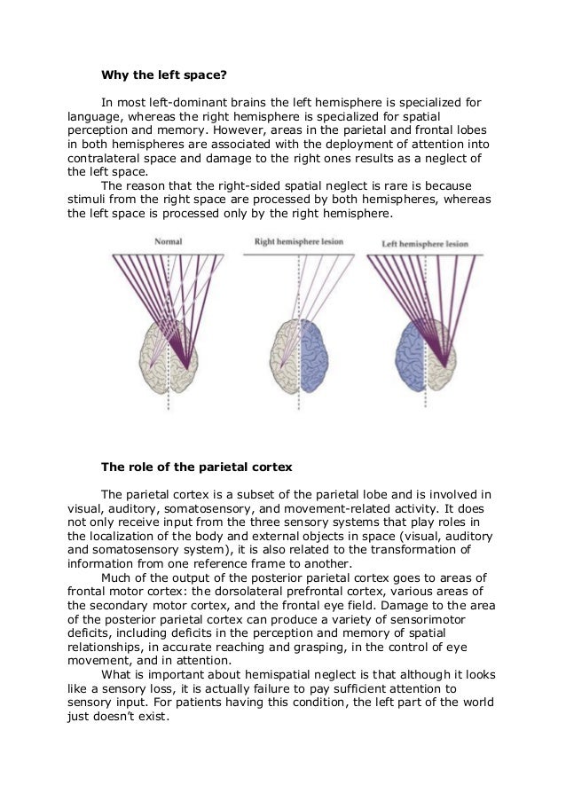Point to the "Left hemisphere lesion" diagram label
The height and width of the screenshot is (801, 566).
424,242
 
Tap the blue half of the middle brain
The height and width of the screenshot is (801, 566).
318,355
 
